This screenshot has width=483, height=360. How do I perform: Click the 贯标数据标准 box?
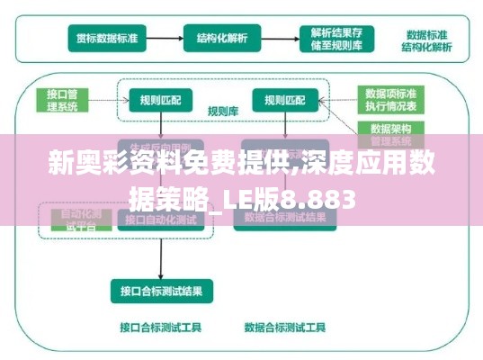click(x=108, y=39)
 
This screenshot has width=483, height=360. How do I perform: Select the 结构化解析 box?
click(x=222, y=39)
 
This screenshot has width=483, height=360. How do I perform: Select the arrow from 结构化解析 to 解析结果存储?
click(x=278, y=39)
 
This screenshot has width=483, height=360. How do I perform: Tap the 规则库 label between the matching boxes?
click(x=221, y=112)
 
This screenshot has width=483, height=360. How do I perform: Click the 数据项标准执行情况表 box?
click(x=389, y=99)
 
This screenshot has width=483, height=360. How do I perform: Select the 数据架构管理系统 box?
click(x=389, y=135)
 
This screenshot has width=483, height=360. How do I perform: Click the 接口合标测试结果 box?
click(x=161, y=290)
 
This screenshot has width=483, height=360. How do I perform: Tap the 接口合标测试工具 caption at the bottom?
click(x=161, y=327)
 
